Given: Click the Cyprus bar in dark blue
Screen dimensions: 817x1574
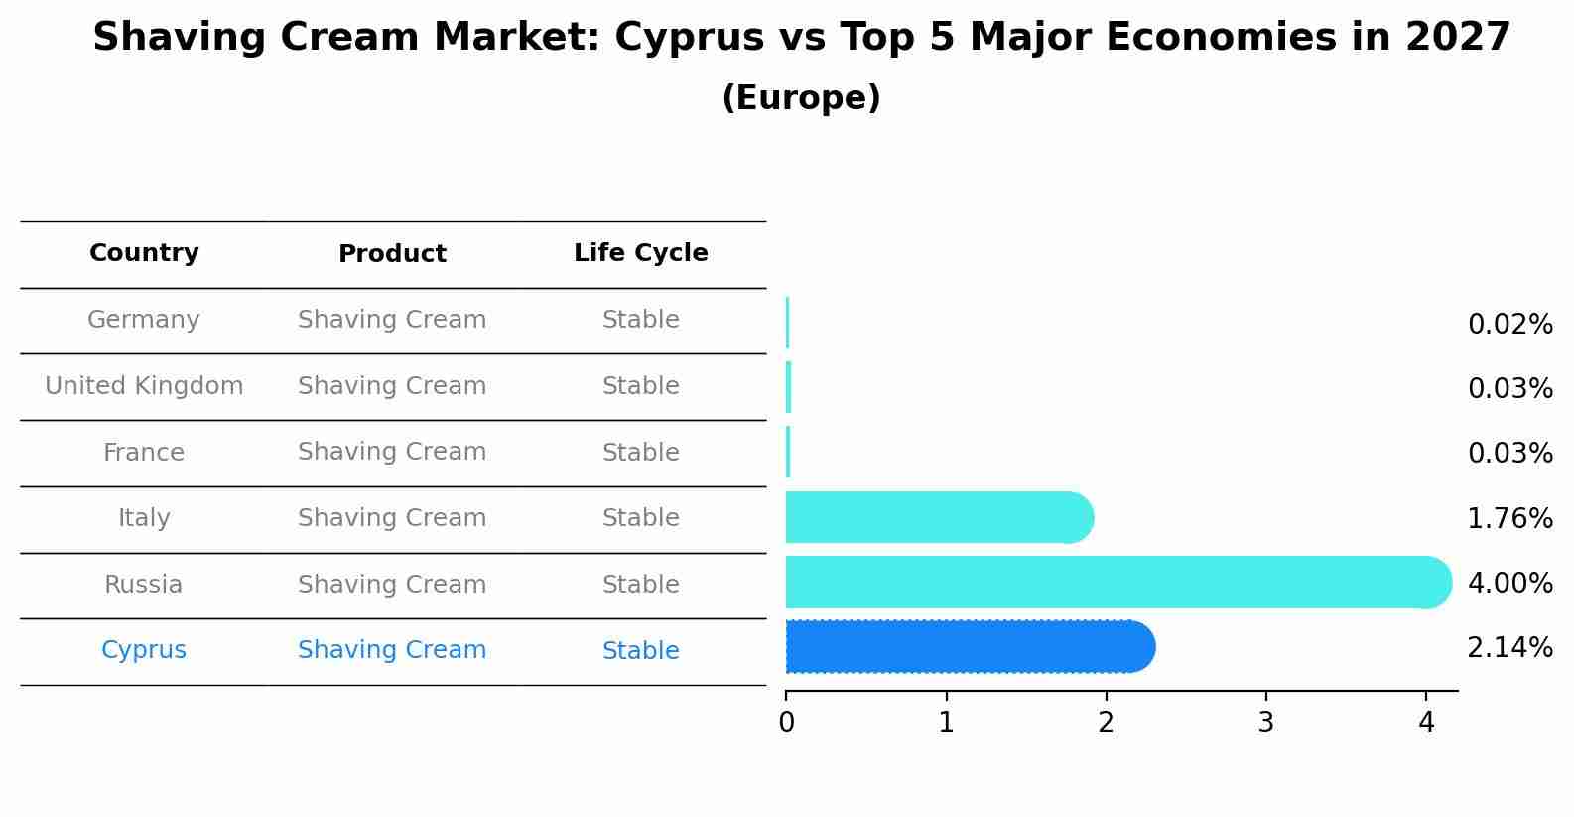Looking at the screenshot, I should coord(968,647).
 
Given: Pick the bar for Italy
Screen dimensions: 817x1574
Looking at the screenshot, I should coord(938,517).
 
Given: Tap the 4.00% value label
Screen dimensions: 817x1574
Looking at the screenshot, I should coord(1509,583).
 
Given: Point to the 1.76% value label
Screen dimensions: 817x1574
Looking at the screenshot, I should coord(1509,518).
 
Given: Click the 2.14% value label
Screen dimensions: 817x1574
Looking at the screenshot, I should coord(1509,648).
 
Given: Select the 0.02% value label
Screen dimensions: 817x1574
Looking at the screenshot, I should coord(1509,325).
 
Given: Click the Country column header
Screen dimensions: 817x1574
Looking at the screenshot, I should coord(144,253).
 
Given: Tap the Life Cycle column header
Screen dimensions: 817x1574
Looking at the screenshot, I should coord(640,253).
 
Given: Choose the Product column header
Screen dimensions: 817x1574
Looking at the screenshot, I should coord(392,254).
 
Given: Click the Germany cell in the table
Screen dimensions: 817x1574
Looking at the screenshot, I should coord(144,320).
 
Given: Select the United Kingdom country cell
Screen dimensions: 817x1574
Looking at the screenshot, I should coord(144,386).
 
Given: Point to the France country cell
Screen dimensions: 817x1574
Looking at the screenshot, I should coord(144,453).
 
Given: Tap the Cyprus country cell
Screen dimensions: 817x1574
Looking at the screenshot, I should coord(144,650).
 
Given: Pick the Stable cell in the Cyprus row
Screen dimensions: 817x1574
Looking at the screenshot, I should coord(640,651).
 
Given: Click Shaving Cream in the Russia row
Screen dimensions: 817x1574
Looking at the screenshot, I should coord(392,585).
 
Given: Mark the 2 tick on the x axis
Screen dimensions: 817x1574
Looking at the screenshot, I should coord(1106,723).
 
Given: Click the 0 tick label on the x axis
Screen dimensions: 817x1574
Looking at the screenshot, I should coord(786,723).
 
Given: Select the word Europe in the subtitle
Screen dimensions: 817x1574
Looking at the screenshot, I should coord(801,98).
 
